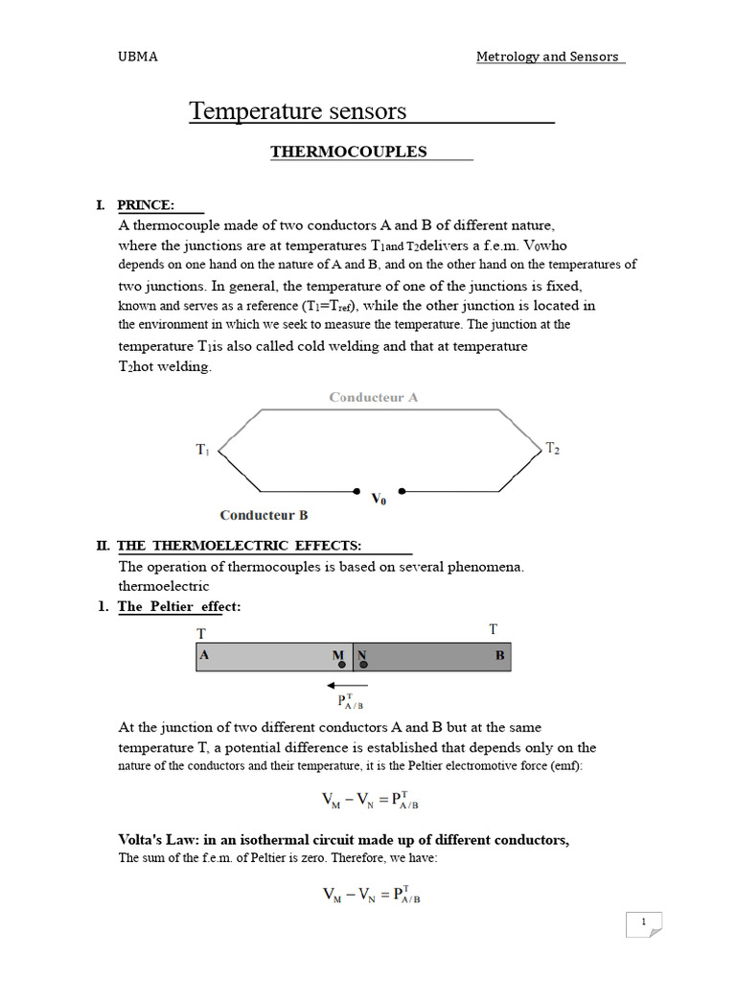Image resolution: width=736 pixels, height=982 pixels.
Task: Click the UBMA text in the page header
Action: pos(137,57)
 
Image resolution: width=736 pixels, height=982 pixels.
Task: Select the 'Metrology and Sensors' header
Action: pos(549,57)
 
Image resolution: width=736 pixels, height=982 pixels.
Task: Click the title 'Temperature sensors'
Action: pos(297,111)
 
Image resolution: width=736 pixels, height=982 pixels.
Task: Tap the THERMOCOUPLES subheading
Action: pos(348,152)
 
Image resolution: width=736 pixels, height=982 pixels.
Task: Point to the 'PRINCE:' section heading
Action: pos(146,204)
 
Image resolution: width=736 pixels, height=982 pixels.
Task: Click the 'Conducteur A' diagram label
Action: pos(373,396)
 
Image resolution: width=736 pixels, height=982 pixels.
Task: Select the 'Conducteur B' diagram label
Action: pos(264,515)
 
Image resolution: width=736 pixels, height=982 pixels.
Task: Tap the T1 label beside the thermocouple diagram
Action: pos(203,449)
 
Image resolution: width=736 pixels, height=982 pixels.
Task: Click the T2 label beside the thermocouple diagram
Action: pos(552,448)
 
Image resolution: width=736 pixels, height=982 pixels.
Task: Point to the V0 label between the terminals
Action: pos(379,499)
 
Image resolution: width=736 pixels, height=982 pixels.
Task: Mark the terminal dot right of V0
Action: pos(402,491)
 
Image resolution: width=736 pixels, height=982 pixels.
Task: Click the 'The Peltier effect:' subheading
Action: pos(179,607)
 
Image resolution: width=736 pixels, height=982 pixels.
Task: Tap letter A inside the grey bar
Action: pos(204,657)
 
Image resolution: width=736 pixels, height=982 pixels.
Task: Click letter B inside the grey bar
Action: pos(499,657)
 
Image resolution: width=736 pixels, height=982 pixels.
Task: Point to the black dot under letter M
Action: pos(341,665)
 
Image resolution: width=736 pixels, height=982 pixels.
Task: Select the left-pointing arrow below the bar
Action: pos(341,685)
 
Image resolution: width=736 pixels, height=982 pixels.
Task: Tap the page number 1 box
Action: pos(644,924)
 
